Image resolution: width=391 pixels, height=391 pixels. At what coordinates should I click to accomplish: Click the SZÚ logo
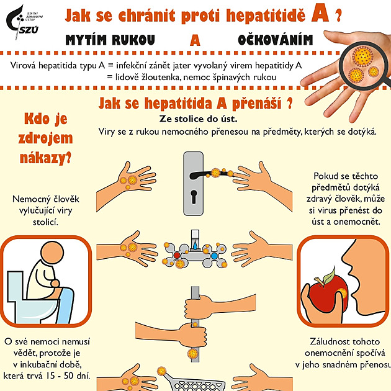24,22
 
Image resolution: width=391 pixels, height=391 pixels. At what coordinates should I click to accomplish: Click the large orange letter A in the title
320,14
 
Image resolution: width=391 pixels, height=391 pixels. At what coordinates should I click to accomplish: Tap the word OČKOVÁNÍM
276,40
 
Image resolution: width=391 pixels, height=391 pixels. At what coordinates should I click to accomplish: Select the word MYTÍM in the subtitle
86,40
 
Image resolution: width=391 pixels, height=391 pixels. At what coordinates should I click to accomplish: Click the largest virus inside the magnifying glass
362,56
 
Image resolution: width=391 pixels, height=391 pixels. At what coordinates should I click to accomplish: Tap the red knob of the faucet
177,255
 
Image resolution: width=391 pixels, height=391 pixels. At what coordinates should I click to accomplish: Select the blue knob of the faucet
214,256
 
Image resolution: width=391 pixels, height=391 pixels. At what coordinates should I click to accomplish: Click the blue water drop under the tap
195,246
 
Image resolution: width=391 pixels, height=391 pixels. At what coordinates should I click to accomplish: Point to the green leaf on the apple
330,275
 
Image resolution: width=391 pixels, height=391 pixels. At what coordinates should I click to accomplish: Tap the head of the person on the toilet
52,253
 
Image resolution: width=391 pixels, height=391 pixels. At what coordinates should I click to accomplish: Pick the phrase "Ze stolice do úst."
198,119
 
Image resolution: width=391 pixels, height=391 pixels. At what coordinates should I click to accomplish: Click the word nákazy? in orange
46,158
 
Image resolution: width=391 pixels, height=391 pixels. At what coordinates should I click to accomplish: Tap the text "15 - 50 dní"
68,375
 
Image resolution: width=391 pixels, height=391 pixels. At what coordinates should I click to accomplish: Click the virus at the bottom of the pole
192,353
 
